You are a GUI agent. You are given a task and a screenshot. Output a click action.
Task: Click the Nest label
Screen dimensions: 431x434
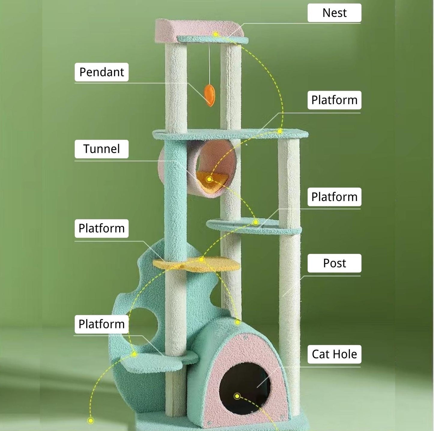coord(334,13)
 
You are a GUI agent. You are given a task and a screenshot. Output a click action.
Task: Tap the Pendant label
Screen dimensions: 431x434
coord(102,72)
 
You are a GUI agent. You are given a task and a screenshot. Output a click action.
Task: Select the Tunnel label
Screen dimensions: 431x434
coord(102,149)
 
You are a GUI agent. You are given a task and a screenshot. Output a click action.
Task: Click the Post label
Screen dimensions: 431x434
coord(334,263)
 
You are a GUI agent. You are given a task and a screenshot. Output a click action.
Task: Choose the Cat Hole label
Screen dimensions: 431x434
coord(334,354)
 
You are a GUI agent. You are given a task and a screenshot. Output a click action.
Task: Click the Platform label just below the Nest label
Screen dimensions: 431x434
coord(334,100)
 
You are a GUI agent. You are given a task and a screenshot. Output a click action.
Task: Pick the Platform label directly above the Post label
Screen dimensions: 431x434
coord(334,197)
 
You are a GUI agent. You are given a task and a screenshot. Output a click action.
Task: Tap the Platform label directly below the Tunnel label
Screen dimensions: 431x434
coord(102,228)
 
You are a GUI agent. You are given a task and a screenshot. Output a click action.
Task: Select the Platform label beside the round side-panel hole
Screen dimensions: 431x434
coord(102,324)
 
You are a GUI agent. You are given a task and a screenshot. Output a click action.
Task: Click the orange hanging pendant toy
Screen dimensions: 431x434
coord(209,95)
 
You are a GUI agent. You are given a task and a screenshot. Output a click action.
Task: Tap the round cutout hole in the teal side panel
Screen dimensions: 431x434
coord(143,324)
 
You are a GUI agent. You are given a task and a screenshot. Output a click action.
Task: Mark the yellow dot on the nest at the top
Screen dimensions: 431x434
coord(216,34)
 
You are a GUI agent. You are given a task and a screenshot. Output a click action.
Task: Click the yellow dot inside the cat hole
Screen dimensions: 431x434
coord(237,396)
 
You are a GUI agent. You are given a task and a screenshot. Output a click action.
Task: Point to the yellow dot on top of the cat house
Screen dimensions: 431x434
coord(237,322)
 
